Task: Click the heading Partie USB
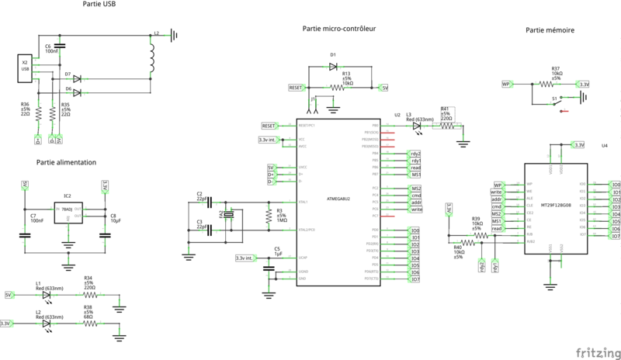point(100,6)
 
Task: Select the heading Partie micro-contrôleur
point(339,28)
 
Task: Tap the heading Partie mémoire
point(550,30)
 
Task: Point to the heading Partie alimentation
point(66,162)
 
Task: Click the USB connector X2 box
point(25,68)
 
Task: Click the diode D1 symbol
point(333,67)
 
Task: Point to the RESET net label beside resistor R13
point(295,88)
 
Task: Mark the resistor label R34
point(88,277)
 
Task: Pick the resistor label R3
point(280,209)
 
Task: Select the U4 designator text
point(605,145)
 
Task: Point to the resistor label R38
point(88,306)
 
